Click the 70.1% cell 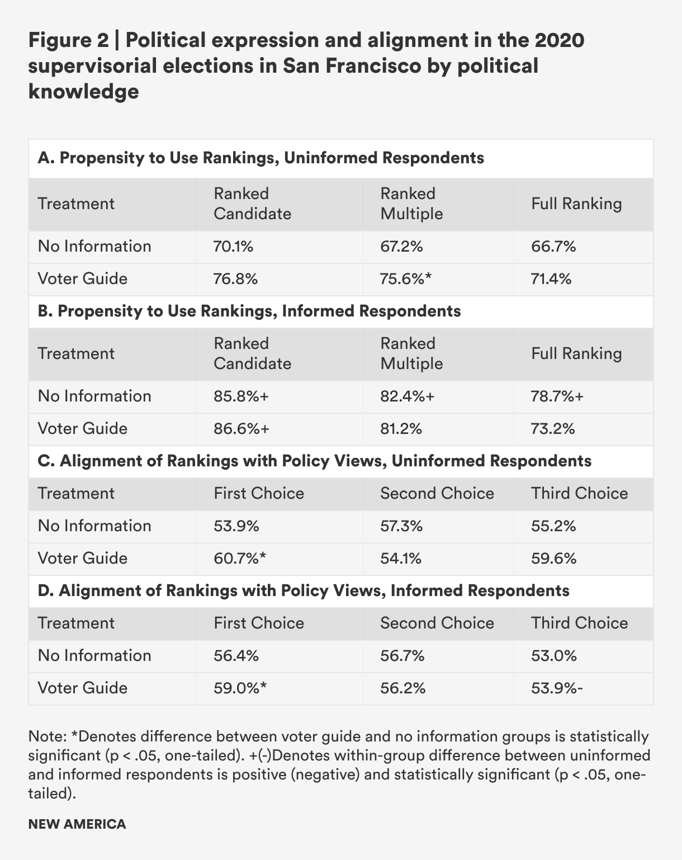(x=234, y=247)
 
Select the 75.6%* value (x=406, y=279)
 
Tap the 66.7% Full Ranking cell (x=553, y=247)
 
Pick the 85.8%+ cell (x=241, y=396)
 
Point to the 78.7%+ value (x=557, y=396)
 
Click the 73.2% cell (x=553, y=429)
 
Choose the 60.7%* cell (x=239, y=559)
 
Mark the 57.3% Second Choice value (x=401, y=526)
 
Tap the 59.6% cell (x=553, y=559)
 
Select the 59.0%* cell (x=240, y=688)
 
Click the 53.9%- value (x=557, y=688)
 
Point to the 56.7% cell (x=402, y=656)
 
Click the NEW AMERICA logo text (x=77, y=824)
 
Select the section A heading (x=261, y=158)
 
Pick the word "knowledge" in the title (x=83, y=91)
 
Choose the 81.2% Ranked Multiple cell (x=401, y=429)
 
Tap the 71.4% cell (x=551, y=279)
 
